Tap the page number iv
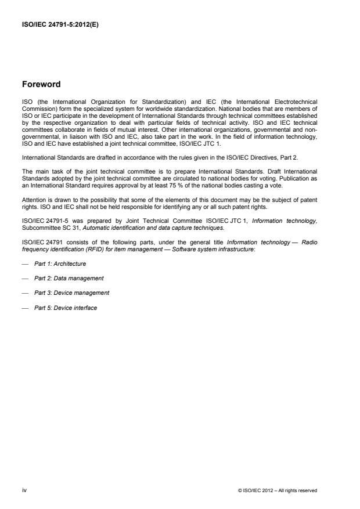tap(24, 490)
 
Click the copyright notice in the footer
tap(278, 490)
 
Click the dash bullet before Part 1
tap(25, 263)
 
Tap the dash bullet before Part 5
tap(25, 308)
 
